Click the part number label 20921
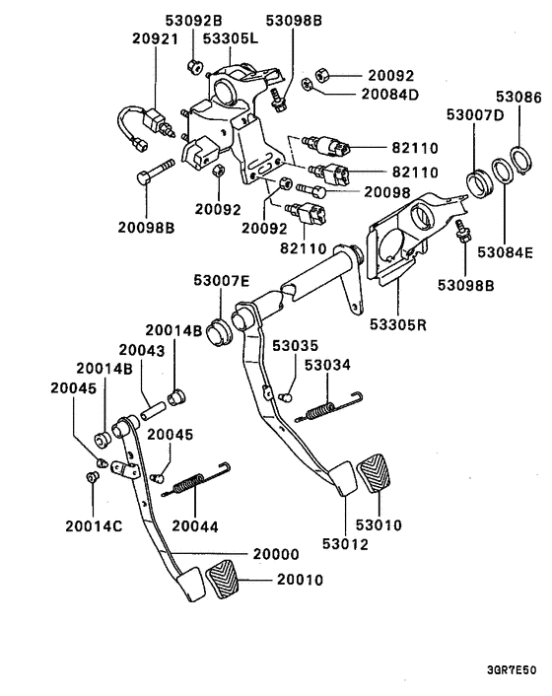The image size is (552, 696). coord(155,38)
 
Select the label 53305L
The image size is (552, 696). coord(231,38)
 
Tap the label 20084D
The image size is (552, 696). coord(390,94)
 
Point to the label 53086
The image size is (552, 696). coord(518,97)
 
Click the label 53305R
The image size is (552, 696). coord(398,324)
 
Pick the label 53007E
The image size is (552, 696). coord(222,281)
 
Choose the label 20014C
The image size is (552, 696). coord(94,526)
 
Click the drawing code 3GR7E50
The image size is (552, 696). coord(512,669)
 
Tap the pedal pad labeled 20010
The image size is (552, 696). coord(223,580)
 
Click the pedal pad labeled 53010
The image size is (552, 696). coord(374,473)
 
